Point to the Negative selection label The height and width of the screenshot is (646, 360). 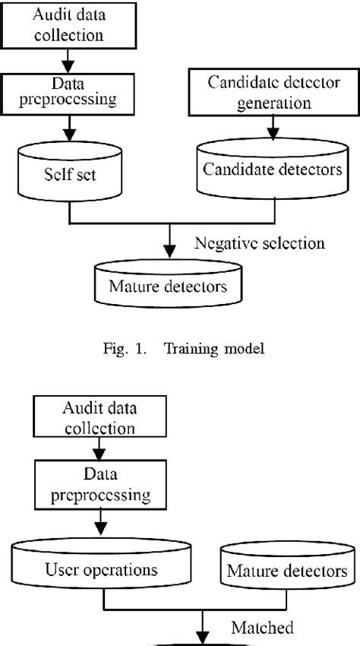[x=259, y=243]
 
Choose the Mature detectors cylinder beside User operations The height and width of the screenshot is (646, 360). [x=286, y=568]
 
